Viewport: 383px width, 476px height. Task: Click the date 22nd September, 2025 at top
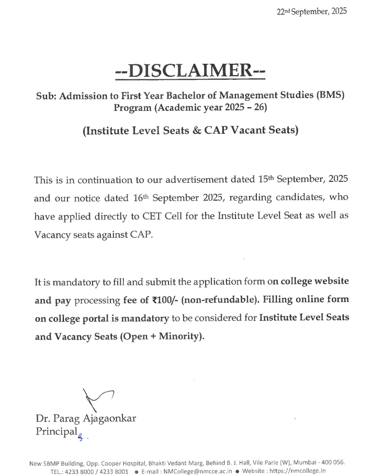coord(312,11)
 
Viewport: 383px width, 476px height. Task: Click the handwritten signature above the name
coord(96,400)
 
